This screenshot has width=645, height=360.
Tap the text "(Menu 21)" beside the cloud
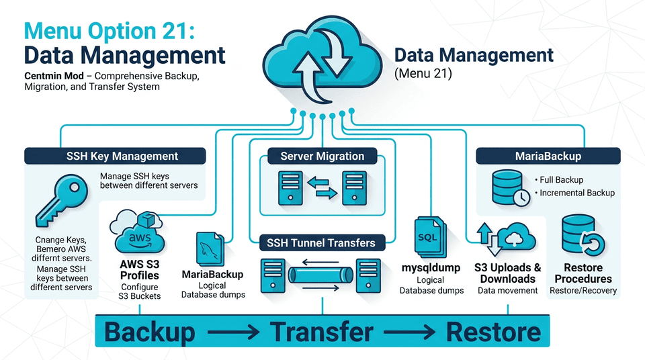pos(423,73)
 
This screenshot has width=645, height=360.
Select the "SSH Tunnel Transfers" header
pos(322,242)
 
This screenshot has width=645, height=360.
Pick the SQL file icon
pos(427,238)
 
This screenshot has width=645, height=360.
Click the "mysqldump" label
pos(431,268)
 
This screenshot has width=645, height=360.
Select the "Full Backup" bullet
pos(560,180)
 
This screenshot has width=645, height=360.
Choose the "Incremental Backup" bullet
pos(575,193)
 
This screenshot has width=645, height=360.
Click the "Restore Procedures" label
pos(583,273)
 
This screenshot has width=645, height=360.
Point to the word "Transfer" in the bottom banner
pos(322,332)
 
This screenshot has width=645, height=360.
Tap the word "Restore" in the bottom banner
pos(493,332)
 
